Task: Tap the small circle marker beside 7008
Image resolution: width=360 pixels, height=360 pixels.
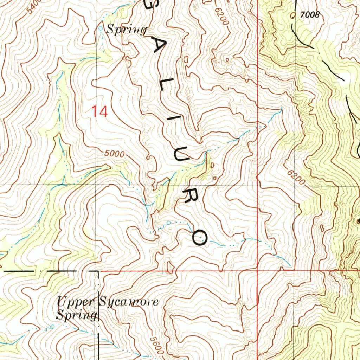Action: point(294,15)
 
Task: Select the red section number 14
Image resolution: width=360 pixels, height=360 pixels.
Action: point(99,112)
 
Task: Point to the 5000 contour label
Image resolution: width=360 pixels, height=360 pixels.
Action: point(115,154)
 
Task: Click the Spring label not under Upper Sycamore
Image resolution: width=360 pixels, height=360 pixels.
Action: point(126,30)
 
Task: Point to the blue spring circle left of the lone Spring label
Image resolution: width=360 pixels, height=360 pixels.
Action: point(100,28)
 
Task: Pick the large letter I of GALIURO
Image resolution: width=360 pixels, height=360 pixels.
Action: point(173,121)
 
